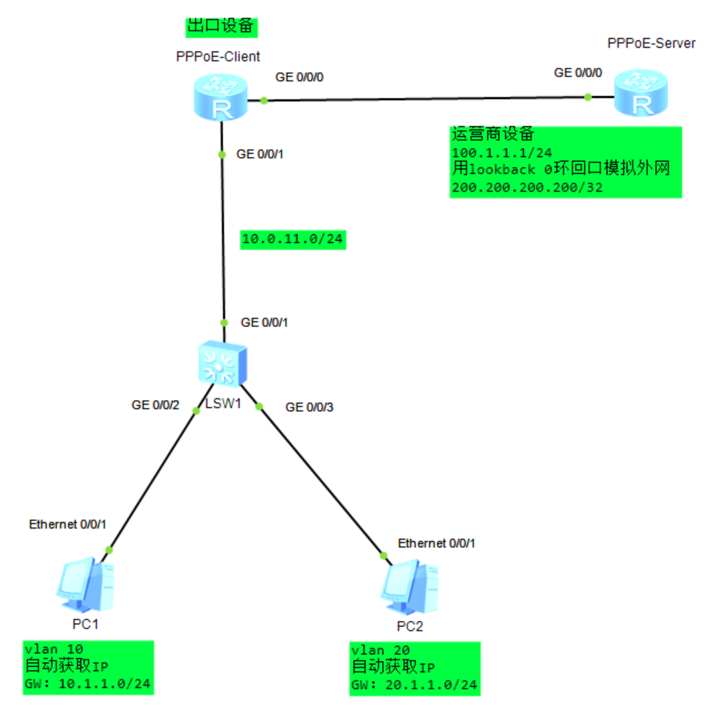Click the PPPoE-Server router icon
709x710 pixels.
640,93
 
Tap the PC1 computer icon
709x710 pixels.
85,582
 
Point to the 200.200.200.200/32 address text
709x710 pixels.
526,187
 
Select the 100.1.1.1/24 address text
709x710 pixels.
497,152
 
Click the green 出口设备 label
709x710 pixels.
221,26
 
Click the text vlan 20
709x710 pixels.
378,649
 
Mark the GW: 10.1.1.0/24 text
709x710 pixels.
88,683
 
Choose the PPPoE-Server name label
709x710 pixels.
651,43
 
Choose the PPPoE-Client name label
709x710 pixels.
218,56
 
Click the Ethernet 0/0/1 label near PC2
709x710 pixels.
436,543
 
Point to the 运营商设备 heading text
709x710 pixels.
493,135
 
